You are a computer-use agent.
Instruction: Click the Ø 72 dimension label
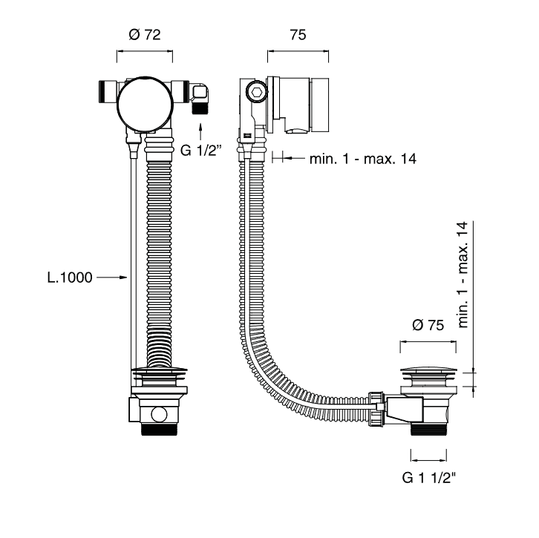tap(145, 35)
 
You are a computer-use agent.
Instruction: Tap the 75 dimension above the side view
tap(297, 35)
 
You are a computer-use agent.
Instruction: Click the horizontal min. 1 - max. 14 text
tap(362, 158)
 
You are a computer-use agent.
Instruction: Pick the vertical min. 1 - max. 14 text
tap(465, 275)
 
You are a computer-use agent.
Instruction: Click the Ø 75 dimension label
tap(427, 324)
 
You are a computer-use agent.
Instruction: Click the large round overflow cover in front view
tap(145, 102)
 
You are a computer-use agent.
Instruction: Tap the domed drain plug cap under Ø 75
tap(427, 370)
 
